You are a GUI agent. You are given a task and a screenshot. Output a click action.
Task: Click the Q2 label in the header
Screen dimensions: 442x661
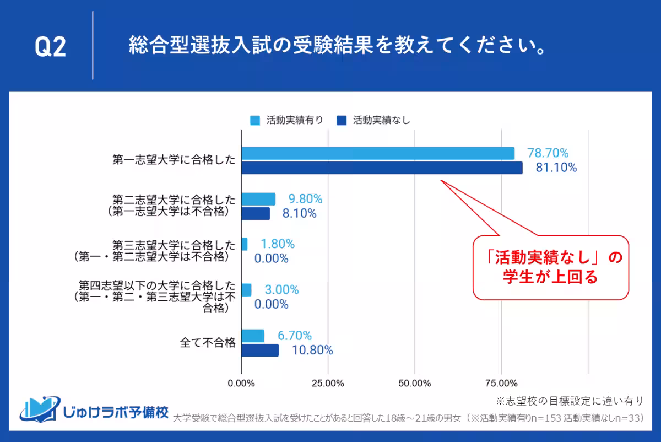50,47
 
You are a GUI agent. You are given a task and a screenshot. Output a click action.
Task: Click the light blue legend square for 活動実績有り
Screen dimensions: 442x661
254,120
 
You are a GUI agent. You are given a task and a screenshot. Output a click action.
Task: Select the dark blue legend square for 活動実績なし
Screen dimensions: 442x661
341,120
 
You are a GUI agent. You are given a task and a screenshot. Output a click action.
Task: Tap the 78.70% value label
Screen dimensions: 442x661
548,153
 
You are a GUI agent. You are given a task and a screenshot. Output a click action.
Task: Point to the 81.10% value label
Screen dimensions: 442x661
556,168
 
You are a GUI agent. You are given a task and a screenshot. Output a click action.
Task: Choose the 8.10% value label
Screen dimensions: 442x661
299,213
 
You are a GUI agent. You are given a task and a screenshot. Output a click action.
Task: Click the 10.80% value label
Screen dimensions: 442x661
312,350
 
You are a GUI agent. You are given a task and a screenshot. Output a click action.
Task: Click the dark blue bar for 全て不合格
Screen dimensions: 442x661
260,350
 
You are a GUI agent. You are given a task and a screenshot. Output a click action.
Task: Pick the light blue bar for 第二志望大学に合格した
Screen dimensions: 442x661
258,199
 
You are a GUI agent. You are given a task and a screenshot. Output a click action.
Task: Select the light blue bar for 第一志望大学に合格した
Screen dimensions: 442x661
378,153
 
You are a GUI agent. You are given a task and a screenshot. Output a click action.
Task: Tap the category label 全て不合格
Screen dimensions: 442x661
208,343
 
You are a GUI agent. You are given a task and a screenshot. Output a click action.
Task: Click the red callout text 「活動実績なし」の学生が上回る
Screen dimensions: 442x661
550,267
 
